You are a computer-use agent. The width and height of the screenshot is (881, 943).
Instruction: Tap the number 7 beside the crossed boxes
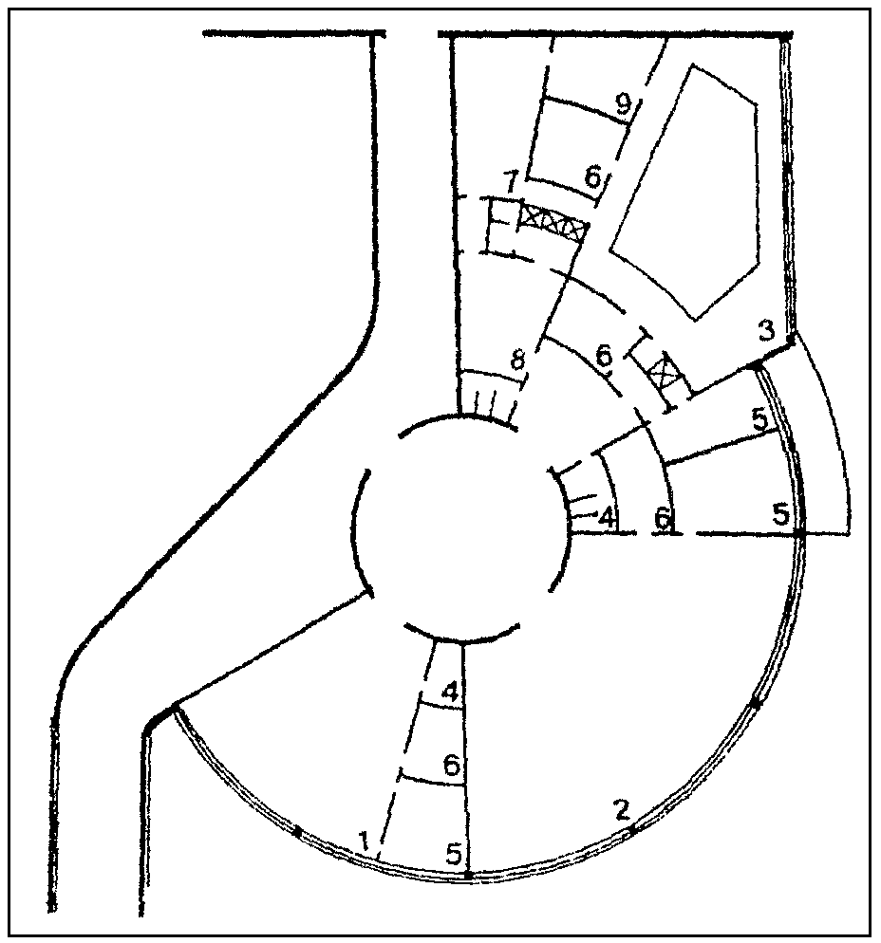coord(511,180)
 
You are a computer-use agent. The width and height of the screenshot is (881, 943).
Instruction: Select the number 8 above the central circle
coord(516,362)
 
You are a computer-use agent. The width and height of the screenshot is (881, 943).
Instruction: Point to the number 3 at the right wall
coord(766,332)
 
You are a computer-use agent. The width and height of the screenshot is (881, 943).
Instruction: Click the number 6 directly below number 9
coord(593,176)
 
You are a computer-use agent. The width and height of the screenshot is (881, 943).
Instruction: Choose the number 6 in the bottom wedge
coord(452,764)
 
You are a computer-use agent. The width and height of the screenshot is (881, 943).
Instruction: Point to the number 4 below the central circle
coord(452,692)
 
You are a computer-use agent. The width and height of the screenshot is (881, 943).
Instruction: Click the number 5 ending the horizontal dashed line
coord(780,514)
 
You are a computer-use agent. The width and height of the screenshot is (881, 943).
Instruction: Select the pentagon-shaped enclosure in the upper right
coord(687,190)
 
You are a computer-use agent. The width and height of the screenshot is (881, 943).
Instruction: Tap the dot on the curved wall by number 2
coord(633,830)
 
